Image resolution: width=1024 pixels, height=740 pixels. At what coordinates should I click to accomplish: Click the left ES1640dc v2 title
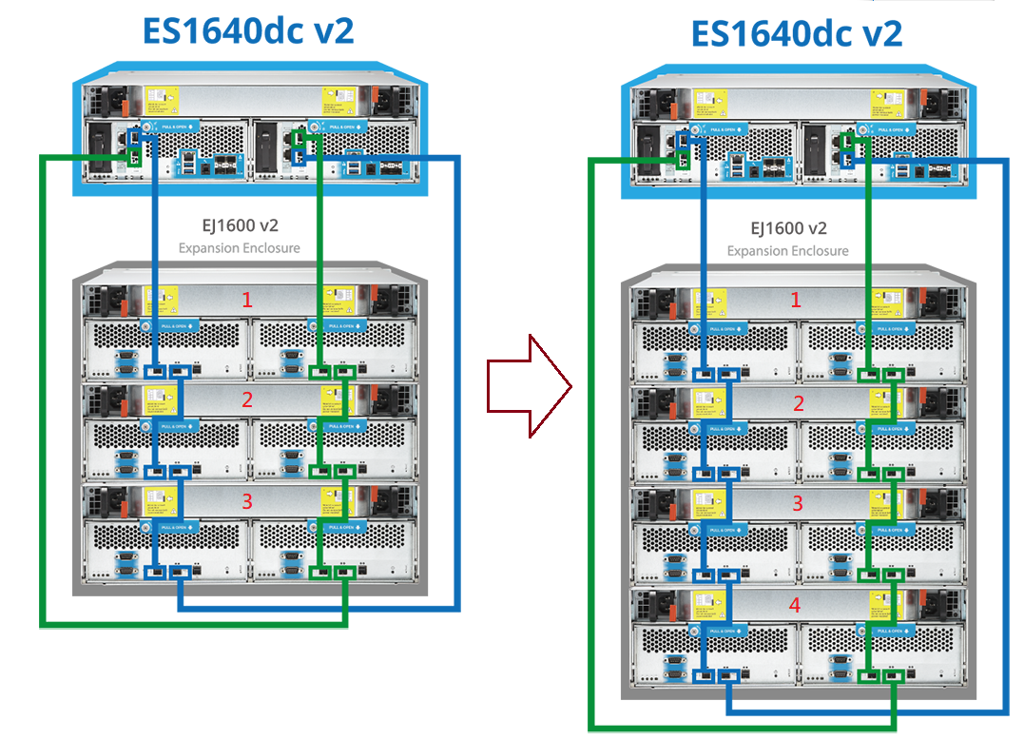pos(248,30)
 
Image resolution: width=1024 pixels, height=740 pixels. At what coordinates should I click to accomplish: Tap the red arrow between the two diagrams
pos(529,387)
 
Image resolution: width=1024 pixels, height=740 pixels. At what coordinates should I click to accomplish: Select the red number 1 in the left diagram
pos(247,300)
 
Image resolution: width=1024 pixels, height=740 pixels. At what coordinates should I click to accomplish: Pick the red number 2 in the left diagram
pos(247,399)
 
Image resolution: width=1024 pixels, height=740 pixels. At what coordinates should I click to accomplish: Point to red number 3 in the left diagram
pos(247,501)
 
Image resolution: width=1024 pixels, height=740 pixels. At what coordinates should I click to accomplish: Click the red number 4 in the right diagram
pos(797,604)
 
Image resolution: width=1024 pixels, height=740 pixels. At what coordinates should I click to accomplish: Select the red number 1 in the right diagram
pos(797,301)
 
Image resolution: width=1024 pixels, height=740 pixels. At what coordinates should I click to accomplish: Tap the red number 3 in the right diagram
pos(797,503)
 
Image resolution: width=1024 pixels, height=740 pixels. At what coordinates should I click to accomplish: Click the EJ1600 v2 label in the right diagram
pos(788,228)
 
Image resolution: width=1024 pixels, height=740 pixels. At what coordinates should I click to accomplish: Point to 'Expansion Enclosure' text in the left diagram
pos(239,248)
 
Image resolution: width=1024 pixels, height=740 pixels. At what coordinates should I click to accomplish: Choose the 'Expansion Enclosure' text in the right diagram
pos(788,251)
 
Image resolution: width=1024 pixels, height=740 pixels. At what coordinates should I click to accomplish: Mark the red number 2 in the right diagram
pos(797,403)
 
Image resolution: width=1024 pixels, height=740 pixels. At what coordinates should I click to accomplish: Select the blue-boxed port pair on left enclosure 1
pos(167,371)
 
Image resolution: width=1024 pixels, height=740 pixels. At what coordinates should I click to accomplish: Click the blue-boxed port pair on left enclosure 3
pos(167,573)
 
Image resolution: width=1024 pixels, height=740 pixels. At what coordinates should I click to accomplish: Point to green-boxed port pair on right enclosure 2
pos(881,473)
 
